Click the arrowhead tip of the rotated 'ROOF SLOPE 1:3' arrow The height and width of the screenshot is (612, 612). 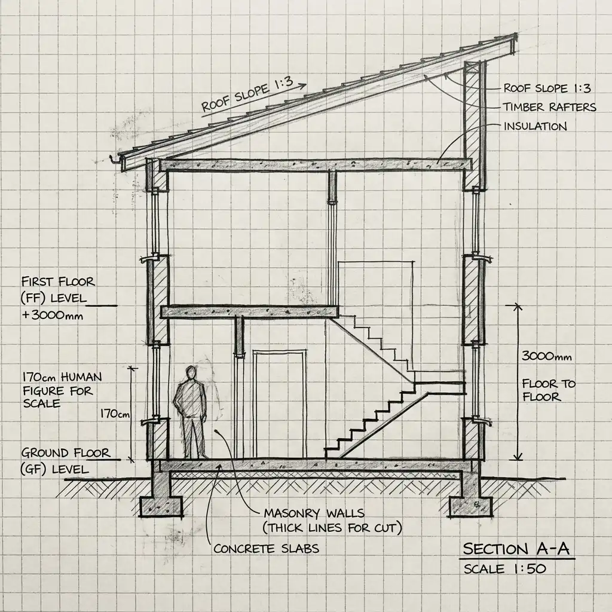click(x=306, y=85)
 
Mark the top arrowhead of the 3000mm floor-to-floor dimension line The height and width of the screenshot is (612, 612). click(x=518, y=305)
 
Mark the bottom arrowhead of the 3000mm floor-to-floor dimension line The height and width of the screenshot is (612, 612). click(x=518, y=460)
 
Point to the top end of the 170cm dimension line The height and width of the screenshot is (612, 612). click(x=133, y=368)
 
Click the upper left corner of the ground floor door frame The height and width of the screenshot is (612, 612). click(x=253, y=351)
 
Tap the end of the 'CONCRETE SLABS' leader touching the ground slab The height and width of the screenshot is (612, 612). click(x=221, y=464)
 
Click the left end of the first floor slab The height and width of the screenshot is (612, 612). click(x=161, y=312)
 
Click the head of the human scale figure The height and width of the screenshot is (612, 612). click(x=191, y=372)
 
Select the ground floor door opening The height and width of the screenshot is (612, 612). click(x=279, y=405)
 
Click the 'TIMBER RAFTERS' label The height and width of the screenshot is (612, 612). click(x=549, y=107)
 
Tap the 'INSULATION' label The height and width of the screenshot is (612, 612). click(x=535, y=127)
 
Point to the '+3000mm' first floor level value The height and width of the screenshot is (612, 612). click(x=53, y=315)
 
